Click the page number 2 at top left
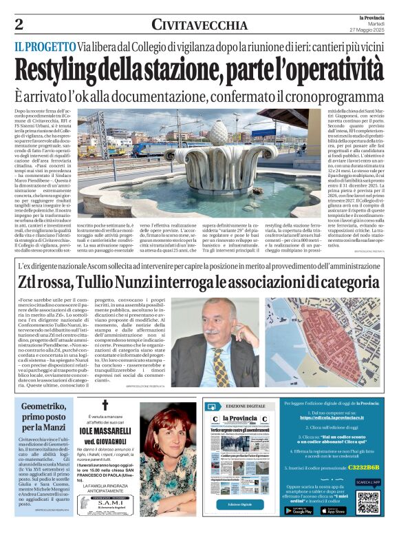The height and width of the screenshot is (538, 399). (19, 25)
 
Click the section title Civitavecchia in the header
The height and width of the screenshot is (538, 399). (199, 25)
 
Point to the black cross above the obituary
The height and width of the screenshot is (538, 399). (105, 406)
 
